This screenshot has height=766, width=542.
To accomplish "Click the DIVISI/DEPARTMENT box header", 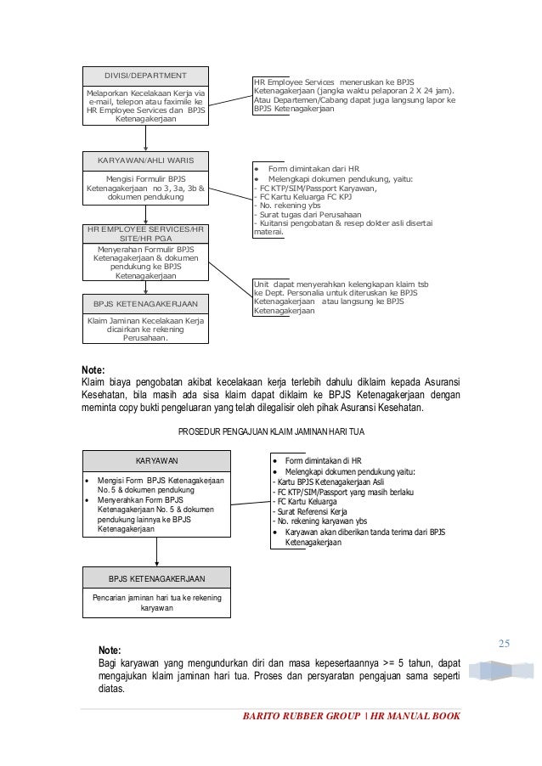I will (x=145, y=74).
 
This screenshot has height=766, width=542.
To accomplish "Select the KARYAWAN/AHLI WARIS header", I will (x=145, y=160).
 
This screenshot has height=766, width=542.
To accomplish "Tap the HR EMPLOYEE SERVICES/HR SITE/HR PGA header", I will (x=145, y=234).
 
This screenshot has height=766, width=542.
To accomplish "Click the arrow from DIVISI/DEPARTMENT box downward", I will (x=145, y=140).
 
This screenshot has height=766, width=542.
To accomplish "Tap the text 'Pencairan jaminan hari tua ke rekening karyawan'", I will (x=156, y=603).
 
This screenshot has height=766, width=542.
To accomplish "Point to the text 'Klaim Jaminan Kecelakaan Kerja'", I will (x=145, y=320).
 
